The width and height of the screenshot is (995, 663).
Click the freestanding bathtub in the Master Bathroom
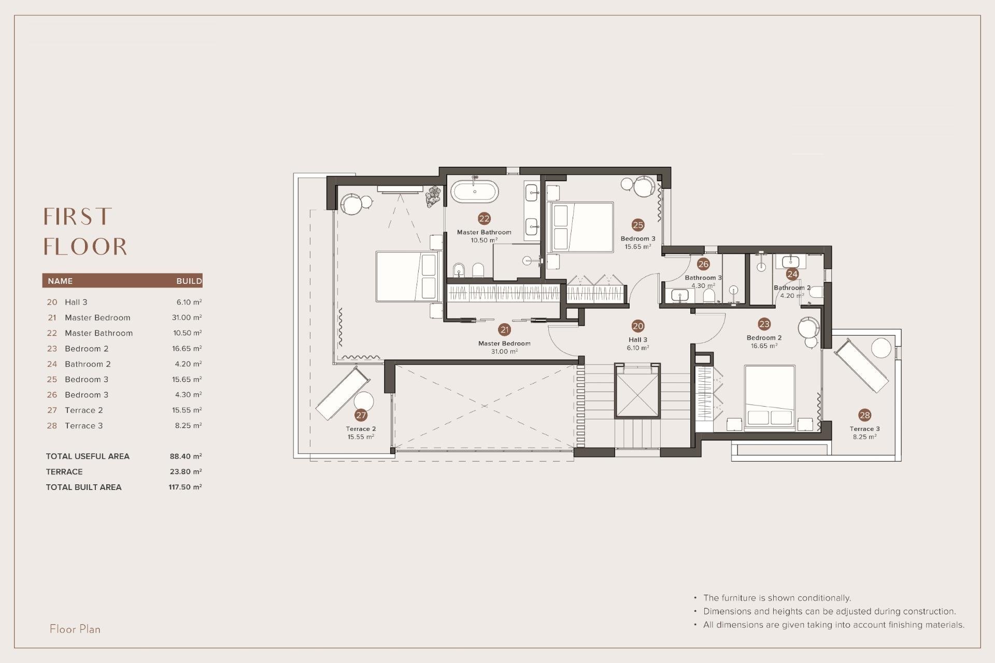tap(475, 192)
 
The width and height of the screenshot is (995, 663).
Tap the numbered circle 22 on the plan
tap(484, 219)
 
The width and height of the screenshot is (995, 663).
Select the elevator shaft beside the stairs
tap(637, 391)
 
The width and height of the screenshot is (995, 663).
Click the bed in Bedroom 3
tap(581, 227)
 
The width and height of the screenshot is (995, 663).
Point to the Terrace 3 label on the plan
tap(864, 429)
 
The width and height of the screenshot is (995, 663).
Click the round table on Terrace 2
tap(364, 401)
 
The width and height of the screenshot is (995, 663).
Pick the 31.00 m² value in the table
tap(187, 318)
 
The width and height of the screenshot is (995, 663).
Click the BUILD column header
tap(189, 281)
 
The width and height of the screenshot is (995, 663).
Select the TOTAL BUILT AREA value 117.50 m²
tap(185, 487)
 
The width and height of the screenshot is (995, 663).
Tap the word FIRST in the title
tap(78, 217)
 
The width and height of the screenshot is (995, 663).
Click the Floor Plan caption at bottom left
tap(75, 629)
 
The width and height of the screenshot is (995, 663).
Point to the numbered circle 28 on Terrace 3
tap(864, 415)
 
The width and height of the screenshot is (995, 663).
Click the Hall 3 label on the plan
tap(637, 340)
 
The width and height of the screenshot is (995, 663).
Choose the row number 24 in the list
tap(52, 364)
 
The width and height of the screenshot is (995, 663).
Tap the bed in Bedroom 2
tap(770, 398)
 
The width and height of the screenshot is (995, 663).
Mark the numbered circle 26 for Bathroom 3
tap(703, 264)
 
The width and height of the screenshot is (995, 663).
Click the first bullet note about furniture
tap(777, 598)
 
